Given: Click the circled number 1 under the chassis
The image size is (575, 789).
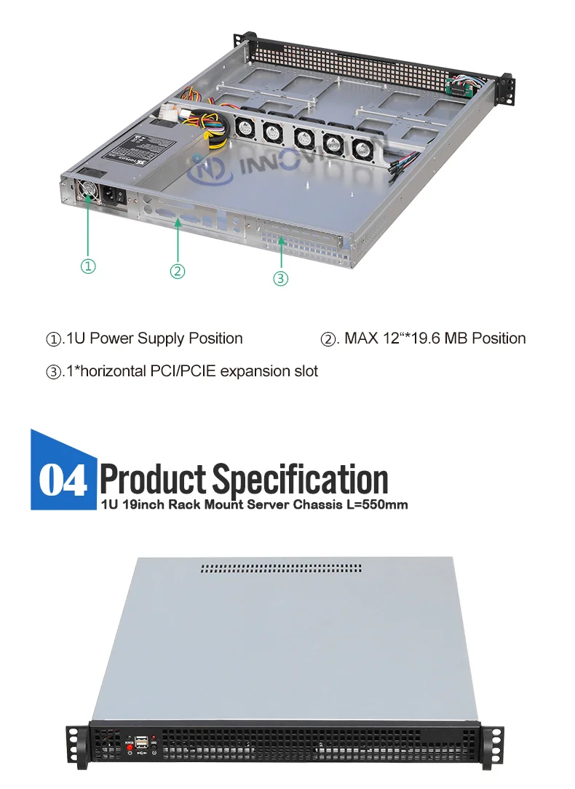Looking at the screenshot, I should click(x=88, y=266).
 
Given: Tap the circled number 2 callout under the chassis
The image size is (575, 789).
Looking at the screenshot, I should click(x=178, y=271).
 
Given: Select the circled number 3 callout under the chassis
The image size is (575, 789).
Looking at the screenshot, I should click(x=281, y=279).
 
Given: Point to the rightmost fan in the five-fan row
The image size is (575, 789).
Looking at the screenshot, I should click(x=362, y=148).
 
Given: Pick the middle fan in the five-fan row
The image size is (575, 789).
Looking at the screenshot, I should click(x=303, y=138).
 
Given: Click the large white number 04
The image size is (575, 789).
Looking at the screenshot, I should click(x=63, y=480).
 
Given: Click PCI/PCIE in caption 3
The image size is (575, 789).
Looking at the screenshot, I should click(x=183, y=371).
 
